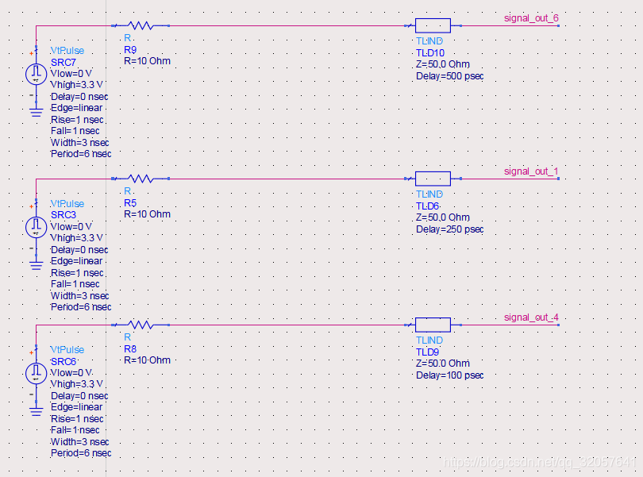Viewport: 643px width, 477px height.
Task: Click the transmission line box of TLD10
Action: pos(433,25)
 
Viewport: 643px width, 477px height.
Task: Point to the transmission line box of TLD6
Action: pos(433,179)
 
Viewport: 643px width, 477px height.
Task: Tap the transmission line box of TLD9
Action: pos(433,325)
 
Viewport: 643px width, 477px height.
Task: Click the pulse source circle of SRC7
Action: pos(37,74)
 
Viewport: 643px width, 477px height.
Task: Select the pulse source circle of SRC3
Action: pos(37,227)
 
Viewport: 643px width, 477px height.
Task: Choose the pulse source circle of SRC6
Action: pos(37,373)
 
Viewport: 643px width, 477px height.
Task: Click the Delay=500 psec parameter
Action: pos(449,76)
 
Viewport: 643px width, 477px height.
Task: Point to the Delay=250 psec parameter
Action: pos(449,229)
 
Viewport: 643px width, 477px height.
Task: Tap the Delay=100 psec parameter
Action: pos(449,375)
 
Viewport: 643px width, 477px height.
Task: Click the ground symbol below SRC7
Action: pos(37,111)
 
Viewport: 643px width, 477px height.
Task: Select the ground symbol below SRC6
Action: pos(37,410)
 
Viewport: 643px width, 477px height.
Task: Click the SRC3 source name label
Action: pos(64,215)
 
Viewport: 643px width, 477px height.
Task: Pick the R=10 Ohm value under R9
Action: pos(147,61)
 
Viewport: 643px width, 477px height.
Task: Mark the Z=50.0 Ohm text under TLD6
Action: pos(443,217)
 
